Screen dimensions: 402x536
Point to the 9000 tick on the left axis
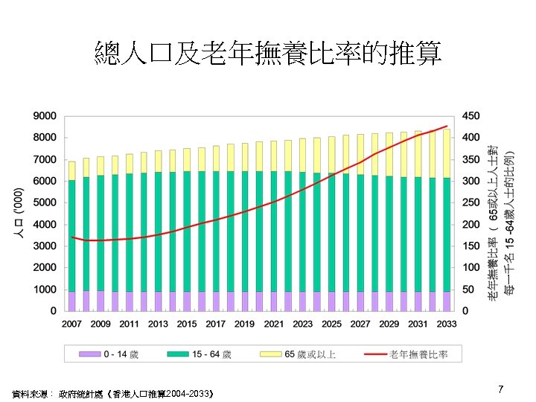[44, 116]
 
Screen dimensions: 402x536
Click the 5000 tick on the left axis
[44, 202]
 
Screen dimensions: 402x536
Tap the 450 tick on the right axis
[471, 116]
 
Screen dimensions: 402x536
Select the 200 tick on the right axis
[471, 224]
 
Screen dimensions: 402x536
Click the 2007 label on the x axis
[71, 324]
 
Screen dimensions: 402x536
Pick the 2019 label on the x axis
[244, 324]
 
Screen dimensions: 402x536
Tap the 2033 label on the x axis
[447, 324]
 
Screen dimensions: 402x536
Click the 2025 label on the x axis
[331, 324]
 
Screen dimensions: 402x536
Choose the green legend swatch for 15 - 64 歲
[177, 354]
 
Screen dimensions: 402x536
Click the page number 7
[501, 389]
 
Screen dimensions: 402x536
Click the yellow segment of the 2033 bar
[446, 153]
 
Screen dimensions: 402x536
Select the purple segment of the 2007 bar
[71, 300]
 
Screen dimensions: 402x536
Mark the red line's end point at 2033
[446, 126]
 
